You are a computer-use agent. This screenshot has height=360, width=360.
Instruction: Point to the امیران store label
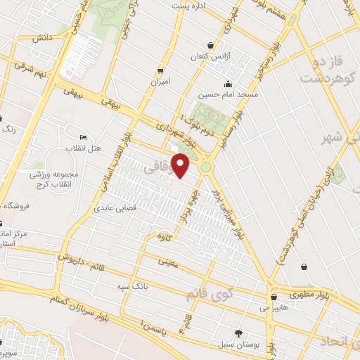point(160,82)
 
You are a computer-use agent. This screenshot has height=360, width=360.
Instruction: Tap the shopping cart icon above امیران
point(161,71)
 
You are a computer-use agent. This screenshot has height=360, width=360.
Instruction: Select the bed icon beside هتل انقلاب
point(84,137)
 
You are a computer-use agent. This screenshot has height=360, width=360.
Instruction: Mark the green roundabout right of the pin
point(206,167)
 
